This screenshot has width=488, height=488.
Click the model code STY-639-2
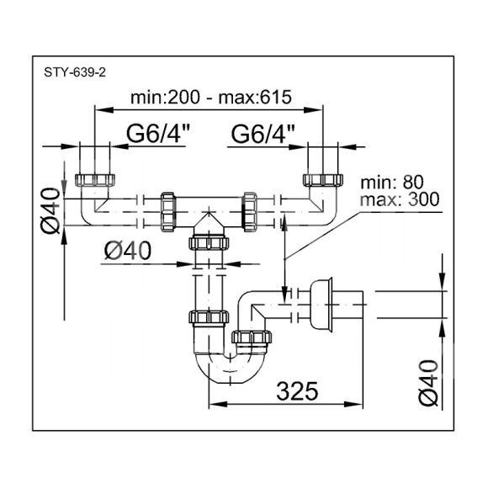(75, 72)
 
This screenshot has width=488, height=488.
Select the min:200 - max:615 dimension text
(211, 97)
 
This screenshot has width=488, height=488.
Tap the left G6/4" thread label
(158, 133)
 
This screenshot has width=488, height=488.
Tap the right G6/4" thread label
(263, 133)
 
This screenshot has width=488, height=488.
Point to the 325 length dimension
(297, 391)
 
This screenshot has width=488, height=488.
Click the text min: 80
(392, 182)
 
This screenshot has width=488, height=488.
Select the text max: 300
(400, 199)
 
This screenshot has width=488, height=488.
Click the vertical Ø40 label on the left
(50, 210)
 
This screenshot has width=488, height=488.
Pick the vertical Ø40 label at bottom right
(428, 383)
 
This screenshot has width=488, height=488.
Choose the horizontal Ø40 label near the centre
(128, 251)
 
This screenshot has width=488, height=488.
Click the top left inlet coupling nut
(95, 180)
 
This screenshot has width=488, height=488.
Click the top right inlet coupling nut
(323, 180)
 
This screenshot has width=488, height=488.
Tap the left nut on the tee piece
(168, 212)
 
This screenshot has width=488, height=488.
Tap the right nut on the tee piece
(250, 212)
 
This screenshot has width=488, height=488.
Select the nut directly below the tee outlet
(209, 243)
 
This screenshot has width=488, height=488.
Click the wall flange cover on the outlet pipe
(321, 304)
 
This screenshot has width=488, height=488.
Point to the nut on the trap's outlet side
(252, 337)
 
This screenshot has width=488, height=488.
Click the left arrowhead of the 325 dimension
(218, 404)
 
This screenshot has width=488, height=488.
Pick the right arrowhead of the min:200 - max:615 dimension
(313, 110)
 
